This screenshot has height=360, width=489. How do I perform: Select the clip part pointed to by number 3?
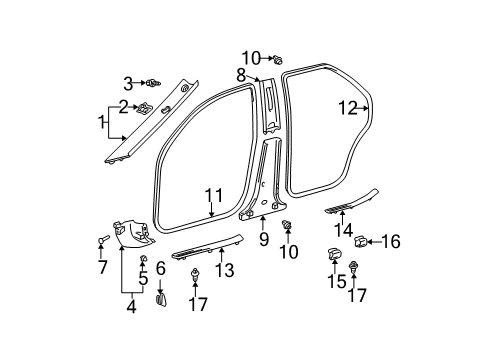tap(158, 83)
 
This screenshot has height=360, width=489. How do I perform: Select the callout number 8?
tap(241, 75)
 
